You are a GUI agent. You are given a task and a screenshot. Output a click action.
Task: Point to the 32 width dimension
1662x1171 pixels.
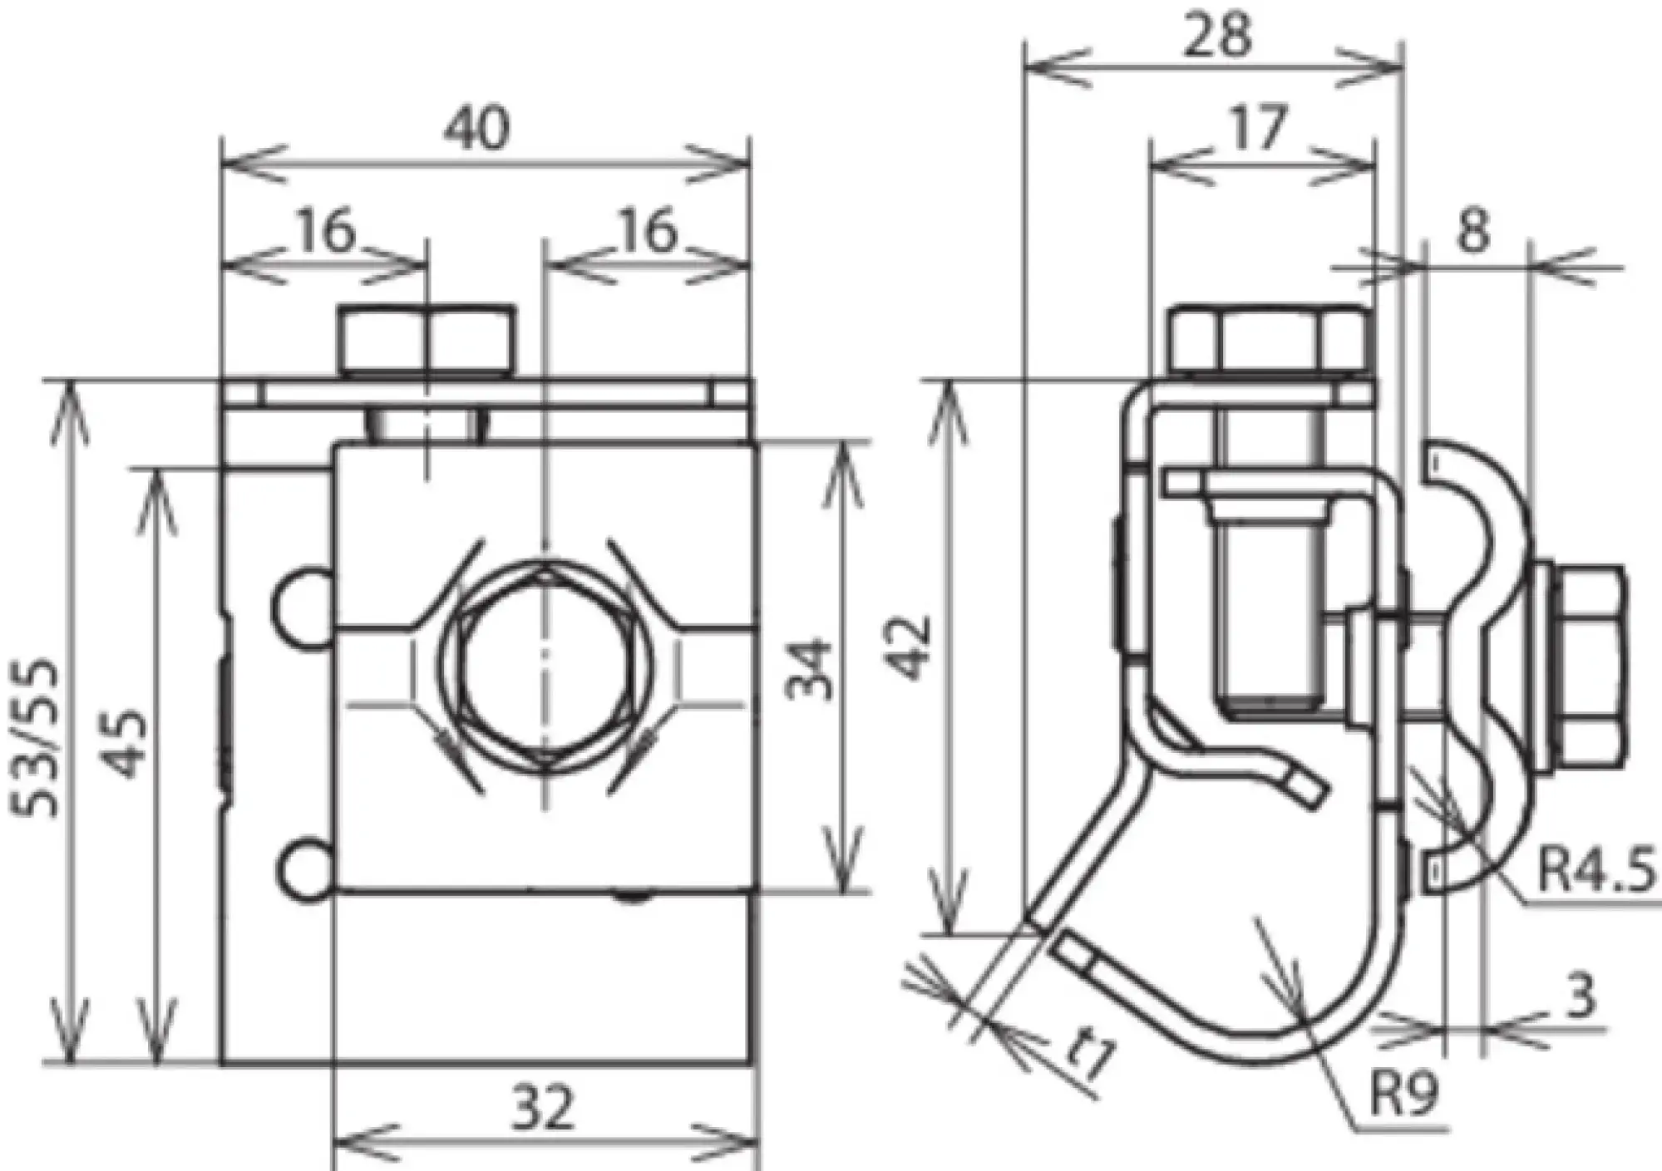pos(543,1109)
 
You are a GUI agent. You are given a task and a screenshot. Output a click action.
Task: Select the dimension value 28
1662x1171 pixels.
pos(1218,35)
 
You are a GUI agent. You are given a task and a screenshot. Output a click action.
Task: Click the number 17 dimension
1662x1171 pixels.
pos(1259,128)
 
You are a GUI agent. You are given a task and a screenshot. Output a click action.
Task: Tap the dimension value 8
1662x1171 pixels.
pos(1472,231)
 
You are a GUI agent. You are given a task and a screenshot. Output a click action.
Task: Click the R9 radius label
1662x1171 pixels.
pos(1403,1095)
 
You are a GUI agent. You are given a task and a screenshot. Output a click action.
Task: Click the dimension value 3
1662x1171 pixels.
pos(1580,995)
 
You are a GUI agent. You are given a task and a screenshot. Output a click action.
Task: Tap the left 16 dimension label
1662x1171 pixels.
pos(327,232)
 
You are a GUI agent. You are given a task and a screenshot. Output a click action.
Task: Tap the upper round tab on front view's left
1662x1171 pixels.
pos(301,608)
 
